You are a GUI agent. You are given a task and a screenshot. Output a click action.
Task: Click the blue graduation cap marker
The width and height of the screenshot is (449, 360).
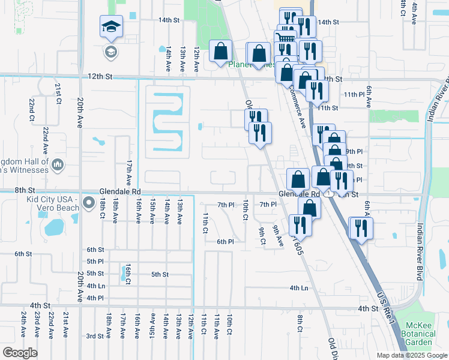point(111,27)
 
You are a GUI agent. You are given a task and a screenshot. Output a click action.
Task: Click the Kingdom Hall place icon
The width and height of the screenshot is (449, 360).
point(58,164)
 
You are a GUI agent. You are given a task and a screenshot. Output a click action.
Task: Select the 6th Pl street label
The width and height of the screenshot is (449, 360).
point(225,241)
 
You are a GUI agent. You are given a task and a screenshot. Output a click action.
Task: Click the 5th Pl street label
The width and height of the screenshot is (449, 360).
point(95,261)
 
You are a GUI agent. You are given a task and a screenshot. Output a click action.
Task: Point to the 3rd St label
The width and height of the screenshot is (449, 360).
point(95,336)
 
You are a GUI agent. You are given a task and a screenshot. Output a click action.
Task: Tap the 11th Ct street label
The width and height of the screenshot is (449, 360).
point(205,222)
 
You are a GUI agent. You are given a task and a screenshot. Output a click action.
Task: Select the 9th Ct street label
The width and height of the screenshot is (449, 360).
point(262,236)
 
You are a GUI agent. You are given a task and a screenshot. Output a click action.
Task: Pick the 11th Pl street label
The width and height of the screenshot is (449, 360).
point(354,95)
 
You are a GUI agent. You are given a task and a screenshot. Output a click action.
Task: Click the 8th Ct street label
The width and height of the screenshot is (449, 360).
point(300,322)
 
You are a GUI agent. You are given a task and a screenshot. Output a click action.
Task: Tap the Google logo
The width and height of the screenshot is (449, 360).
point(20,353)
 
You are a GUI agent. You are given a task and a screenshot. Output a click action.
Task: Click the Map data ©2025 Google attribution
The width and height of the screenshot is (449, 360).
point(411,355)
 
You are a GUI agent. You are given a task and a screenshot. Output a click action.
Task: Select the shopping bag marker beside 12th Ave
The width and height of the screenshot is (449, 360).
point(221,52)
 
